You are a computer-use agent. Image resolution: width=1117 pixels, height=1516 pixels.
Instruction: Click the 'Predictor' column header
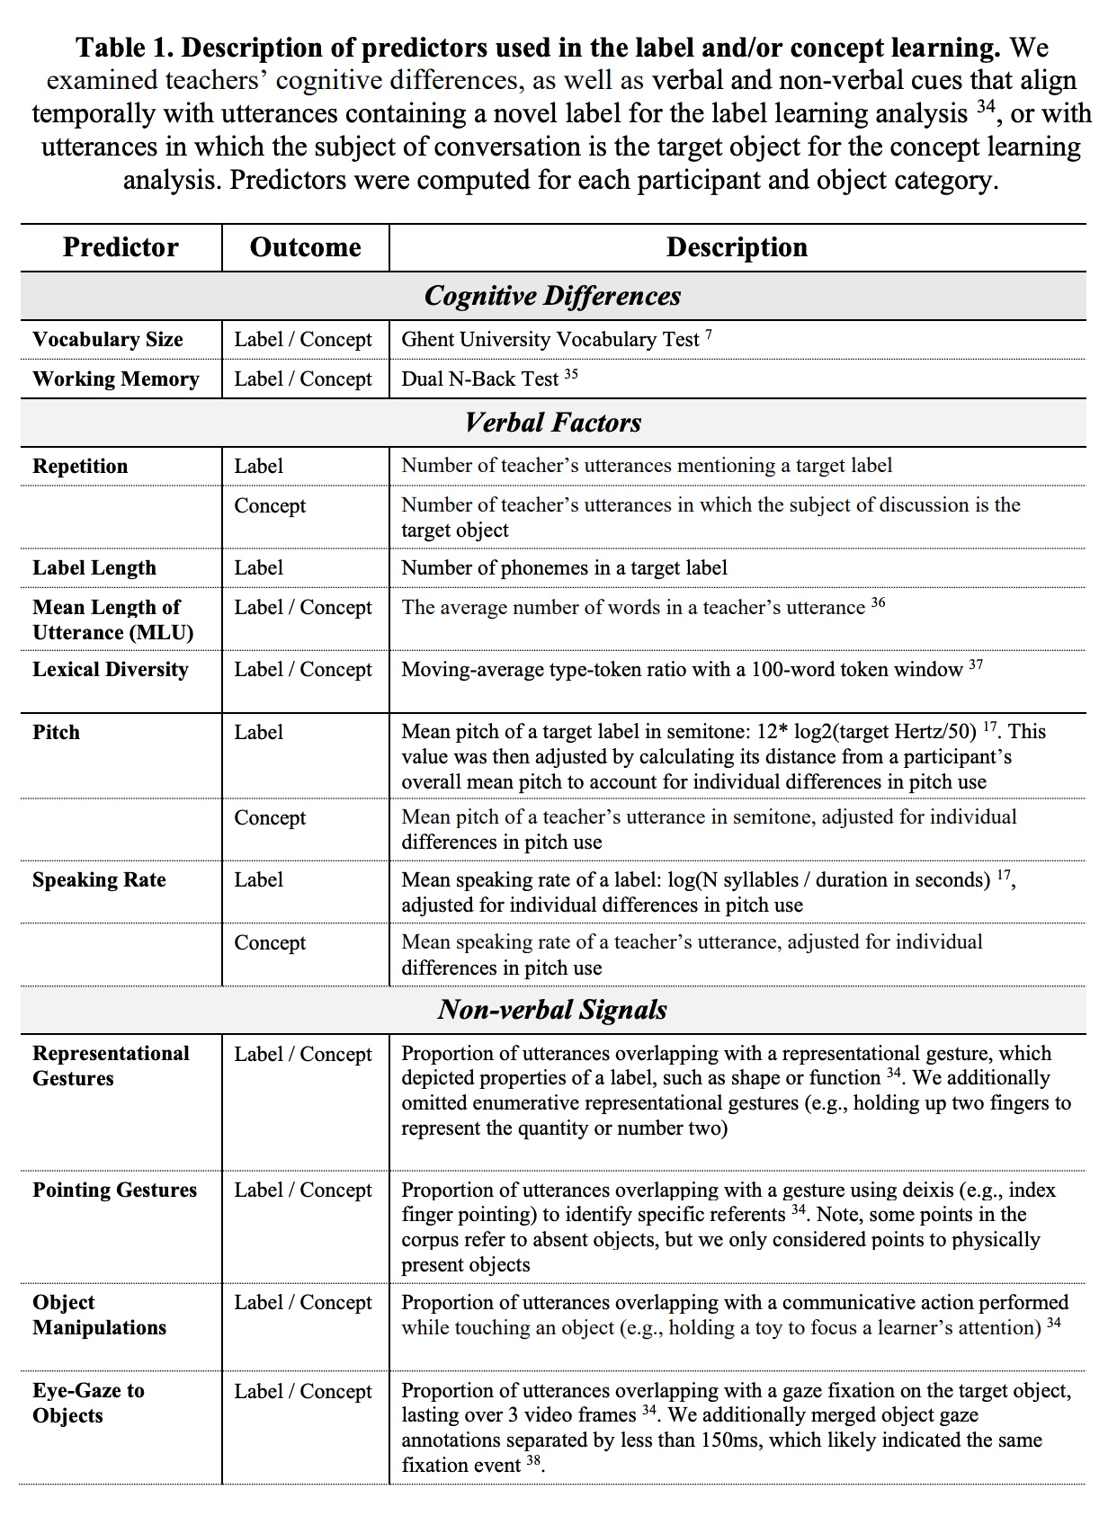click(121, 247)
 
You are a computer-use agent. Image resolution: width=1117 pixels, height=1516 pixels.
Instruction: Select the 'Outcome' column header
click(305, 247)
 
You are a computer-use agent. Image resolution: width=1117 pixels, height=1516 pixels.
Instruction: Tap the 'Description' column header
click(737, 247)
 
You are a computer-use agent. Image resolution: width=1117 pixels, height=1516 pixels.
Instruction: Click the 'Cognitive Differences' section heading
click(552, 296)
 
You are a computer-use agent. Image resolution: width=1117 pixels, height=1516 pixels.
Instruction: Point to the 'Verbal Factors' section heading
click(552, 423)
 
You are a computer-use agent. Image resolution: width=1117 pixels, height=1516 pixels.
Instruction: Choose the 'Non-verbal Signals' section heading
click(552, 1010)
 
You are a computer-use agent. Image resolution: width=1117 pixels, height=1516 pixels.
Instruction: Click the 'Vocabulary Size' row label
click(108, 340)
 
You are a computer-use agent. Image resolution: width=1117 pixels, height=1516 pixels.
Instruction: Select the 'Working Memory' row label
click(116, 379)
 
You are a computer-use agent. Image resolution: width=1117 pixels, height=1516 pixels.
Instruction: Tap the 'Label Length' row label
click(94, 568)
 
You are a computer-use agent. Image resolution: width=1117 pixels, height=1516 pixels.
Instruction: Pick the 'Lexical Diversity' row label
click(111, 670)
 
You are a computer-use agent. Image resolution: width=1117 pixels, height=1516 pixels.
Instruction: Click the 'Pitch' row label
click(56, 733)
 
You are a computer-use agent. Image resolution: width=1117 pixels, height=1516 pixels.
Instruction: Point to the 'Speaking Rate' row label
click(99, 880)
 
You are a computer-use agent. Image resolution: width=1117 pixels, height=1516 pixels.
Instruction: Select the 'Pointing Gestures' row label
click(114, 1191)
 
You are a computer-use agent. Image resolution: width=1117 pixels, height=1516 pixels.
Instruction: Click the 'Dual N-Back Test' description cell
click(480, 379)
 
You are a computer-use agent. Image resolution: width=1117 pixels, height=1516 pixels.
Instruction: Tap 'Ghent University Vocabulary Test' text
click(550, 340)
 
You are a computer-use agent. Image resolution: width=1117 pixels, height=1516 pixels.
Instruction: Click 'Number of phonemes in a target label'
click(564, 568)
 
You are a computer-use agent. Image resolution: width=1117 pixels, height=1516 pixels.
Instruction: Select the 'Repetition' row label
click(80, 467)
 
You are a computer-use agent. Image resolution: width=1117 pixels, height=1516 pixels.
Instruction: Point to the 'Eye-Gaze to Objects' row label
click(88, 1403)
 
